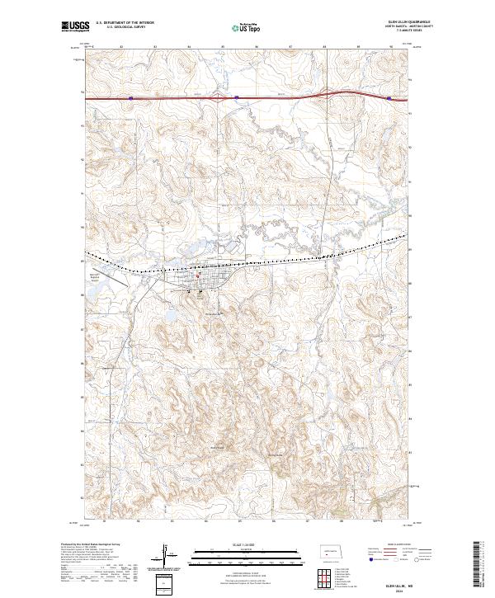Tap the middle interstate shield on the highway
coord(236,97)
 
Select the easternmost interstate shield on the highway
coord(389,97)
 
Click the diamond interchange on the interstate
coord(221,98)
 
